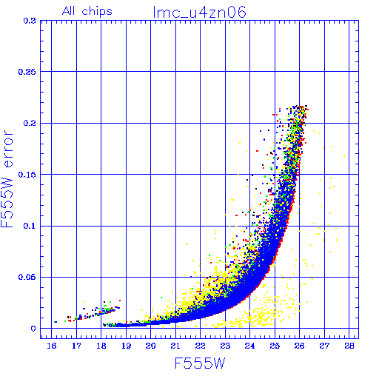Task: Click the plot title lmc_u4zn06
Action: point(199,13)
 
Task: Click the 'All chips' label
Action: point(87,11)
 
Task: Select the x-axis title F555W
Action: point(200,363)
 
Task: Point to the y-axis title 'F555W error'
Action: point(7,178)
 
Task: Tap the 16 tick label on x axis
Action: point(52,346)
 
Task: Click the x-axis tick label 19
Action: point(126,346)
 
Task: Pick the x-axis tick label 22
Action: point(201,346)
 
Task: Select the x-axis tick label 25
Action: point(275,346)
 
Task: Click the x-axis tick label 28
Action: point(349,346)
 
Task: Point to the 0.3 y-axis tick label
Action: point(30,21)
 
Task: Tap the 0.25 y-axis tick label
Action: point(27,72)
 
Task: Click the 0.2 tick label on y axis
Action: point(30,123)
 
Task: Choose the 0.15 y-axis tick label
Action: point(27,175)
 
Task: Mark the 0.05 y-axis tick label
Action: point(27,277)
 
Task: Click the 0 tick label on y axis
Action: point(33,329)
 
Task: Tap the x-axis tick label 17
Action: point(76,346)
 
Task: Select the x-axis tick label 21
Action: point(175,346)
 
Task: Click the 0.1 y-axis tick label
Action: point(30,226)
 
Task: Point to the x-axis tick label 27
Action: point(324,346)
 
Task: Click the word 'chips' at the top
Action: point(97,12)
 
